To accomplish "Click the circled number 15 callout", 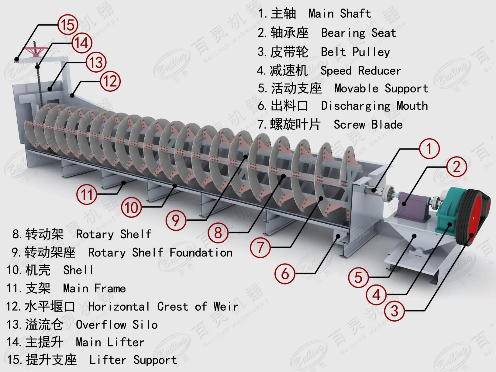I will pos(68,25).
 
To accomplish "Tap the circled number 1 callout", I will pos(429,149).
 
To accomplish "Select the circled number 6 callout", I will pos(285,274).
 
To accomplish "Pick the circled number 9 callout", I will pos(176,220).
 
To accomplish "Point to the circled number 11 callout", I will pos(87,195).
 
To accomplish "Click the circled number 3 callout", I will pos(394,311).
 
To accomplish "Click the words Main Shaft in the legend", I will pos(339,14).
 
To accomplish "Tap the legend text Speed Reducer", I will pos(361,71).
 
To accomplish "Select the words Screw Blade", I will pos(368,125).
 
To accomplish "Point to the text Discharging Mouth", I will pos(374,106).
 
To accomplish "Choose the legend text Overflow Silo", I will pos(117,325).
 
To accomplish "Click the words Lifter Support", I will pos(133,360).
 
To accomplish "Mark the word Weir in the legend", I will pos(226,306).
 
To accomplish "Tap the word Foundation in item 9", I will pos(201,253).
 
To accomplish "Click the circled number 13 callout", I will pos(96,62).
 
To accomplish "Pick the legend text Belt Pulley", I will pos(355,52).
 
